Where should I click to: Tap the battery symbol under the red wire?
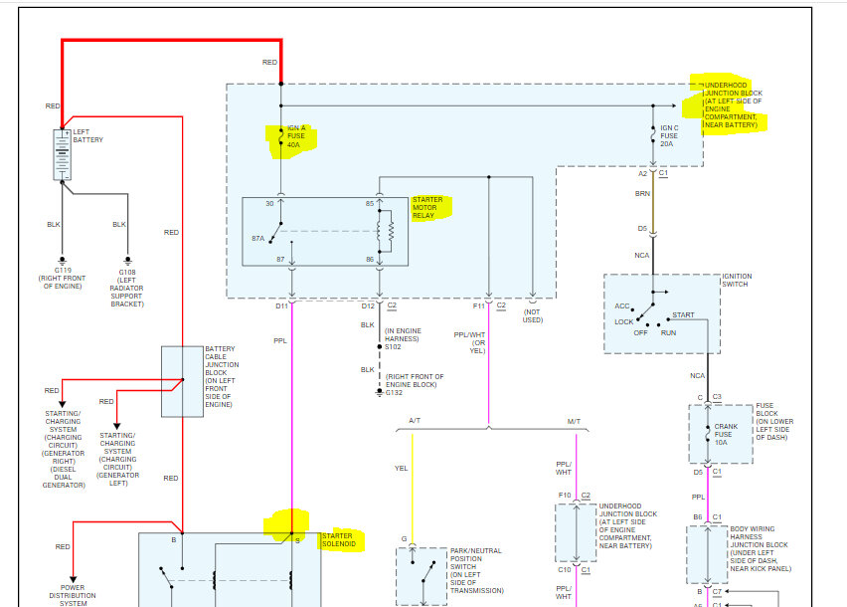62,155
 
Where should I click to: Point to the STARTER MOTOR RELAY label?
429,208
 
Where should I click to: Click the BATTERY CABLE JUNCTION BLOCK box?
181,381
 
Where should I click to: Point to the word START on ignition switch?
683,315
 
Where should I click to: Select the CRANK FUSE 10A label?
726,434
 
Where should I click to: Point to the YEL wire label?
401,467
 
